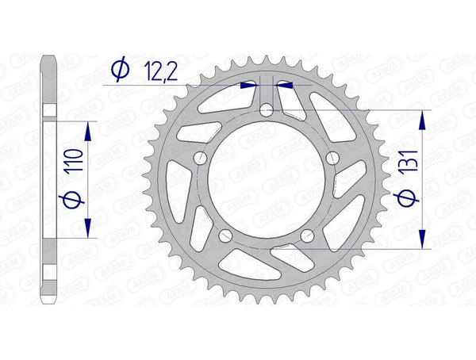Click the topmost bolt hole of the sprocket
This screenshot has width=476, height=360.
265,111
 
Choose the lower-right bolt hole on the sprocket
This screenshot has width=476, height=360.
306,235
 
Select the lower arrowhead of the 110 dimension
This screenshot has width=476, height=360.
88,229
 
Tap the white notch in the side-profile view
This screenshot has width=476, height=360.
50,111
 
